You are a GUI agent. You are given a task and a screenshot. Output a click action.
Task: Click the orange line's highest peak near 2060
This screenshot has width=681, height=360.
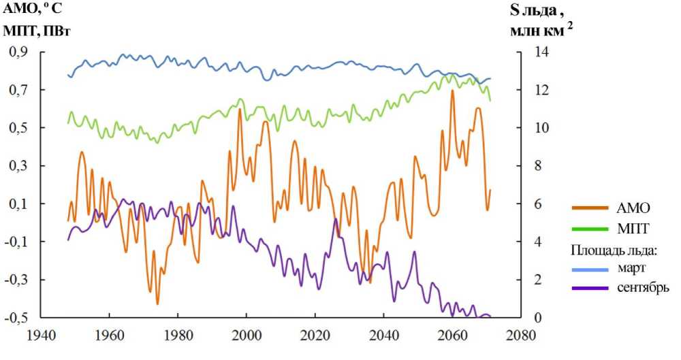pyautogui.click(x=452, y=91)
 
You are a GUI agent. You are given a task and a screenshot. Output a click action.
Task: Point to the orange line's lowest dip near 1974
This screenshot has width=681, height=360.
pyautogui.click(x=157, y=304)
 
